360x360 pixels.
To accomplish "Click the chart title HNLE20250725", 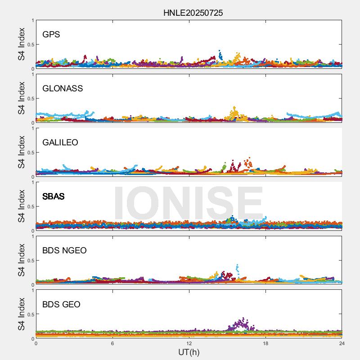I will point(193,13).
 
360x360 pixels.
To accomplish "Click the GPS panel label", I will point(51,35).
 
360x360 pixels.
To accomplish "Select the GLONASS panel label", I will point(63,89).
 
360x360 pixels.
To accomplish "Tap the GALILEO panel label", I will point(60,143).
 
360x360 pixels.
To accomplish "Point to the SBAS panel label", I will point(54,197).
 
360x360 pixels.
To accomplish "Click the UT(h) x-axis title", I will point(189,352).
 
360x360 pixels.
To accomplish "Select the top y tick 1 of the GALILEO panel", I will point(32,128).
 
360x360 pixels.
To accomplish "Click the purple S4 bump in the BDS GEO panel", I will point(242,323).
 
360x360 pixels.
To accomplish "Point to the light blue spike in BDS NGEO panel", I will point(237,268).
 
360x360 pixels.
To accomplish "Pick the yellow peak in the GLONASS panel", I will point(234,110).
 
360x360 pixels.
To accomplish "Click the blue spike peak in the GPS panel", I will point(220,52).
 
